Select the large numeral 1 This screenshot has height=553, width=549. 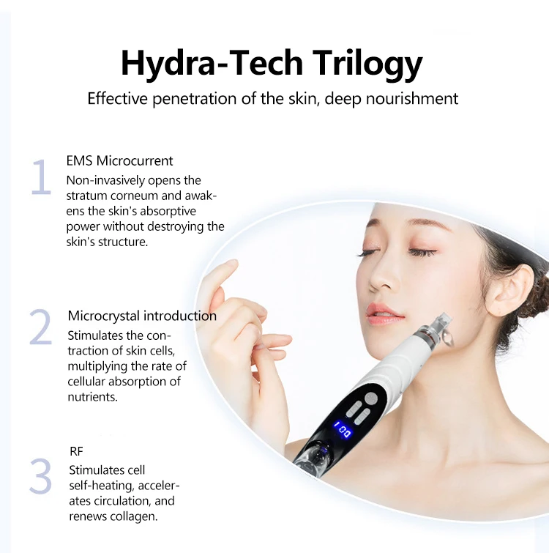pyautogui.click(x=41, y=177)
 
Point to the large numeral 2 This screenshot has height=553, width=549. pyautogui.click(x=41, y=327)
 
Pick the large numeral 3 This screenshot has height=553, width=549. pyautogui.click(x=41, y=476)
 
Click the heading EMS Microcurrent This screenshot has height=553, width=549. pyautogui.click(x=119, y=161)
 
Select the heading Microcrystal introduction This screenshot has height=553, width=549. pyautogui.click(x=142, y=316)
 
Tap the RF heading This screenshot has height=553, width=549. pyautogui.click(x=76, y=452)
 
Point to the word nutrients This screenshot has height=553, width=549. pyautogui.click(x=91, y=396)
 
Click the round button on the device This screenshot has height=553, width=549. pyautogui.click(x=371, y=398)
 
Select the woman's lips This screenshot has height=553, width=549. pyautogui.click(x=384, y=313)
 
